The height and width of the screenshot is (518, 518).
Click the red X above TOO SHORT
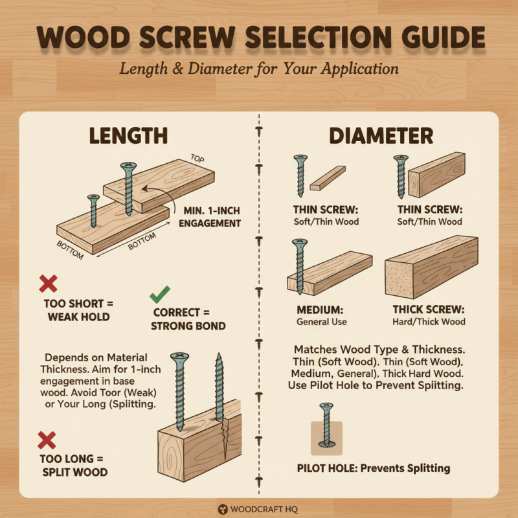click(48, 283)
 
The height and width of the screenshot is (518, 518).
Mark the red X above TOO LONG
click(47, 441)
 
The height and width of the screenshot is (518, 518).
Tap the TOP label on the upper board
click(199, 158)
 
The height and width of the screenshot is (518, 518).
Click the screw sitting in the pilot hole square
click(326, 425)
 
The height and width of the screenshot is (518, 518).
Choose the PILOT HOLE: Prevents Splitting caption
click(374, 468)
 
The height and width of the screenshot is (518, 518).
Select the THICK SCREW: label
click(429, 310)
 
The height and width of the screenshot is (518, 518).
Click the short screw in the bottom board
click(94, 210)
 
